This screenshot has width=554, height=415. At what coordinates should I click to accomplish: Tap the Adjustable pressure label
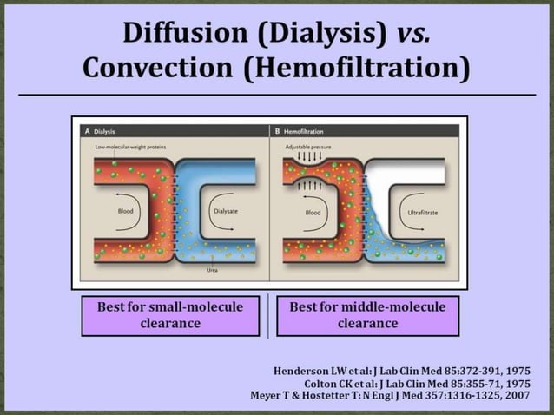point(308,148)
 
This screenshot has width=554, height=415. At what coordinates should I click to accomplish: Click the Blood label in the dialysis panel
point(126,211)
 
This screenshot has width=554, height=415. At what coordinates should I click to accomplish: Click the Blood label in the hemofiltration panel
point(313,211)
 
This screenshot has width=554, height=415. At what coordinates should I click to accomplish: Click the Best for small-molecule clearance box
point(170,315)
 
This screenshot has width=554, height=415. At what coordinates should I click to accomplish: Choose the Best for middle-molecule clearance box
point(367,315)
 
